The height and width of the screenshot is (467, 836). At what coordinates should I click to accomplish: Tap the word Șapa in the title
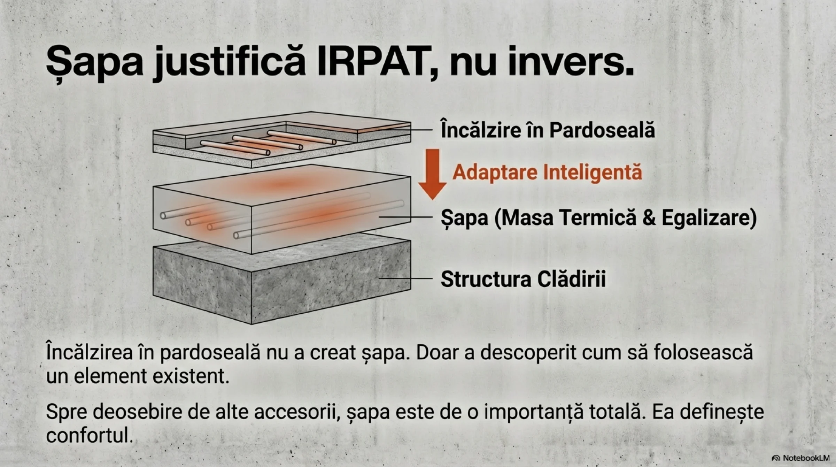pyautogui.click(x=95, y=64)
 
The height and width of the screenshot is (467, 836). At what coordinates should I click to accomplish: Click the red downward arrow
pyautogui.click(x=433, y=174)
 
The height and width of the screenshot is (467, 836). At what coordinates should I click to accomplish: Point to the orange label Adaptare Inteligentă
pyautogui.click(x=547, y=172)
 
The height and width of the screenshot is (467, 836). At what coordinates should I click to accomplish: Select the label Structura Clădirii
pyautogui.click(x=523, y=279)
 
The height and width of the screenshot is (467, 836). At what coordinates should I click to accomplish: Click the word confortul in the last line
pyautogui.click(x=90, y=435)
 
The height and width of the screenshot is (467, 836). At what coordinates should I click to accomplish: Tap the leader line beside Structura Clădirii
pyautogui.click(x=405, y=278)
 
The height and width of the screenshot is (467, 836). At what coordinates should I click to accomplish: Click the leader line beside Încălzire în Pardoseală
pyautogui.click(x=395, y=130)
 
